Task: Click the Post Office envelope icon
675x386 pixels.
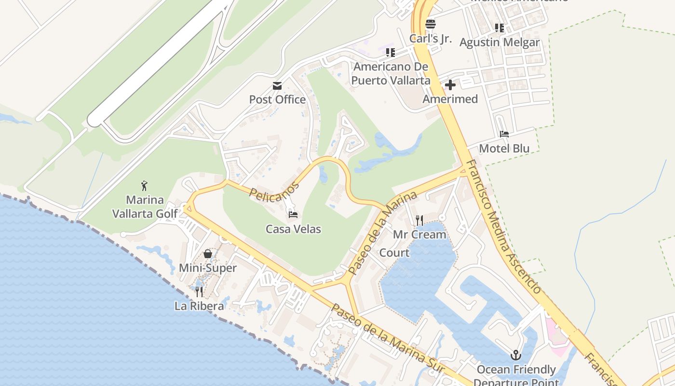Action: (277, 86)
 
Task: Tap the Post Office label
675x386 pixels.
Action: (277, 99)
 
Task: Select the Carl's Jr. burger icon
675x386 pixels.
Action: (431, 24)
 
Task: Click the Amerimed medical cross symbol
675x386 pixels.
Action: (450, 85)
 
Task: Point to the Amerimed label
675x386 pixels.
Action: (450, 99)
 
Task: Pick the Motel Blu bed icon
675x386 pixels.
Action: (504, 134)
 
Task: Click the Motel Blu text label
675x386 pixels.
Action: (504, 148)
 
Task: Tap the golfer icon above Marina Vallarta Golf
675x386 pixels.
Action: (144, 186)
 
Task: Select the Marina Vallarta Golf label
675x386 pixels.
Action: (145, 207)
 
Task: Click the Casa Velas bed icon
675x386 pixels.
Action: (293, 214)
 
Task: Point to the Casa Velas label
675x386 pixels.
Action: (293, 229)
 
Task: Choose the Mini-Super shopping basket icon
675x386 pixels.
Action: (208, 254)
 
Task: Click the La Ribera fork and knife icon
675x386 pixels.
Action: (199, 291)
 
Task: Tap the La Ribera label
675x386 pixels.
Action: (199, 306)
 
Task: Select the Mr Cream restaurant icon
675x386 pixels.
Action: (419, 221)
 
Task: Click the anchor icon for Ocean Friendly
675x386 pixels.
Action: (516, 356)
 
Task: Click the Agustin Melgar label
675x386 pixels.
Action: (499, 42)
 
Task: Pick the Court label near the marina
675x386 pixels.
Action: (394, 252)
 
